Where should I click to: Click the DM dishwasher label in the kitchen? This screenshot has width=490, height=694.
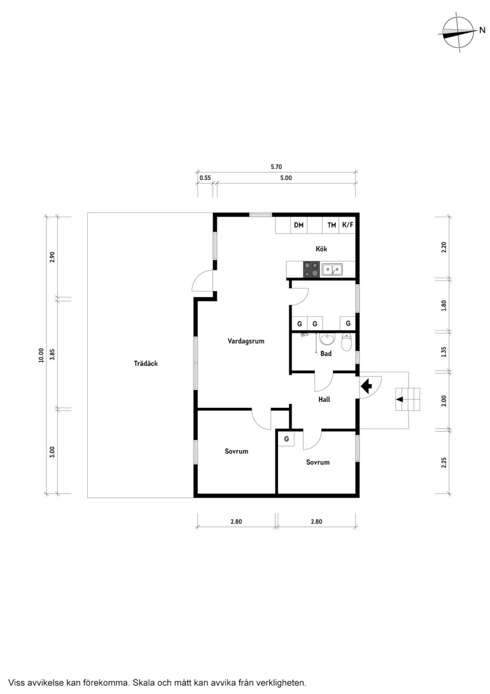pos(299,225)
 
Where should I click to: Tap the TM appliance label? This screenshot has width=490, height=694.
pos(332,225)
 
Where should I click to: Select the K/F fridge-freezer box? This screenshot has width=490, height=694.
pos(348,225)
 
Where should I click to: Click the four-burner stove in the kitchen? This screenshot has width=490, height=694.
pos(311,269)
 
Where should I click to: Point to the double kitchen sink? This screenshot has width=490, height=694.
pos(332,269)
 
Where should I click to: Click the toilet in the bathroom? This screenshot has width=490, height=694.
pos(347,342)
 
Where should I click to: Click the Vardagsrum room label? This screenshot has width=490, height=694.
pos(246,341)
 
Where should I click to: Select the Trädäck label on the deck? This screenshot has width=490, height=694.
pos(145,363)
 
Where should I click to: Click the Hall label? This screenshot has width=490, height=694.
pos(324,399)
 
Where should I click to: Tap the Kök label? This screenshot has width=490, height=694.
pos(321,249)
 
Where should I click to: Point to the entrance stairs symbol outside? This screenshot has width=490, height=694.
pos(408,399)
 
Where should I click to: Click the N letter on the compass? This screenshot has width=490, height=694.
pos(482,30)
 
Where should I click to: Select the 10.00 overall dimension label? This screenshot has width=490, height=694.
pos(41,355)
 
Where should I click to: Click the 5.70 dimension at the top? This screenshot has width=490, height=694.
pos(276,167)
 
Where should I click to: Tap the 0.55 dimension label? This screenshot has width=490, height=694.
pos(205,178)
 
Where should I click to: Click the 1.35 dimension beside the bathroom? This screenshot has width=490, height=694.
pos(444,352)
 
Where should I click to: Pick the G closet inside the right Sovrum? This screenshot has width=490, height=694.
pos(286,438)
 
